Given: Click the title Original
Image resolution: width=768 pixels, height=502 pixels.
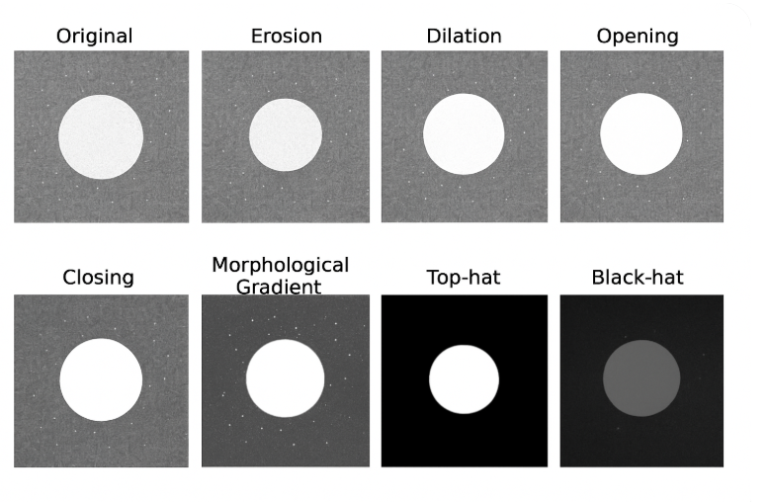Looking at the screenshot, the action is pyautogui.click(x=94, y=37).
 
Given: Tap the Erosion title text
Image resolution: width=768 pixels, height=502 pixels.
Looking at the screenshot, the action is pyautogui.click(x=286, y=37).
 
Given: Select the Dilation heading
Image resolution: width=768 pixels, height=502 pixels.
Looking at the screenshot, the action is pyautogui.click(x=464, y=37).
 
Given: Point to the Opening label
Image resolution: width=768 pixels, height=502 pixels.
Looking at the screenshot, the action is pyautogui.click(x=638, y=37).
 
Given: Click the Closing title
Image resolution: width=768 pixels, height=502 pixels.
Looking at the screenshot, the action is pyautogui.click(x=98, y=278).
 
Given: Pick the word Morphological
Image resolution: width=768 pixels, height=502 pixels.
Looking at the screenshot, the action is pyautogui.click(x=280, y=266).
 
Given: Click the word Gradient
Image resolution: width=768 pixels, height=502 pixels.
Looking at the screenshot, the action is pyautogui.click(x=279, y=288).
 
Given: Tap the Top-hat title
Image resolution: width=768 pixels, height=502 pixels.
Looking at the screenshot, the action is pyautogui.click(x=464, y=278).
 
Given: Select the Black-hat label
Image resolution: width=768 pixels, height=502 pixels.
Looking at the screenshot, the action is pyautogui.click(x=638, y=278).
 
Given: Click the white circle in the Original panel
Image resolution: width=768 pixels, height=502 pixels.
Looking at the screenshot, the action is pyautogui.click(x=101, y=136).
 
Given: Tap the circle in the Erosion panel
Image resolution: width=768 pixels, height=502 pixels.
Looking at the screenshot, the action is pyautogui.click(x=285, y=135).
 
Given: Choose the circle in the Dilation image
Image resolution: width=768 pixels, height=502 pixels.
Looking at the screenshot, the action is pyautogui.click(x=464, y=135).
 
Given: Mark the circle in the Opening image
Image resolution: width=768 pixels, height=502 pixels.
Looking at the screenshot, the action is pyautogui.click(x=641, y=134).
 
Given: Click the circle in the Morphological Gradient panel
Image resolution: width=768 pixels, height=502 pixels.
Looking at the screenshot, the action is pyautogui.click(x=285, y=378).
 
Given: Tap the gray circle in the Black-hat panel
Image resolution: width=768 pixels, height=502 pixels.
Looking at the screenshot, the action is pyautogui.click(x=641, y=378).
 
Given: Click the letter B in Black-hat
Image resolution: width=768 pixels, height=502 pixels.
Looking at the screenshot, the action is pyautogui.click(x=597, y=278).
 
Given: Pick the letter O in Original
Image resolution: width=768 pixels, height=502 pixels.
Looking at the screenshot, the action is pyautogui.click(x=63, y=37).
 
